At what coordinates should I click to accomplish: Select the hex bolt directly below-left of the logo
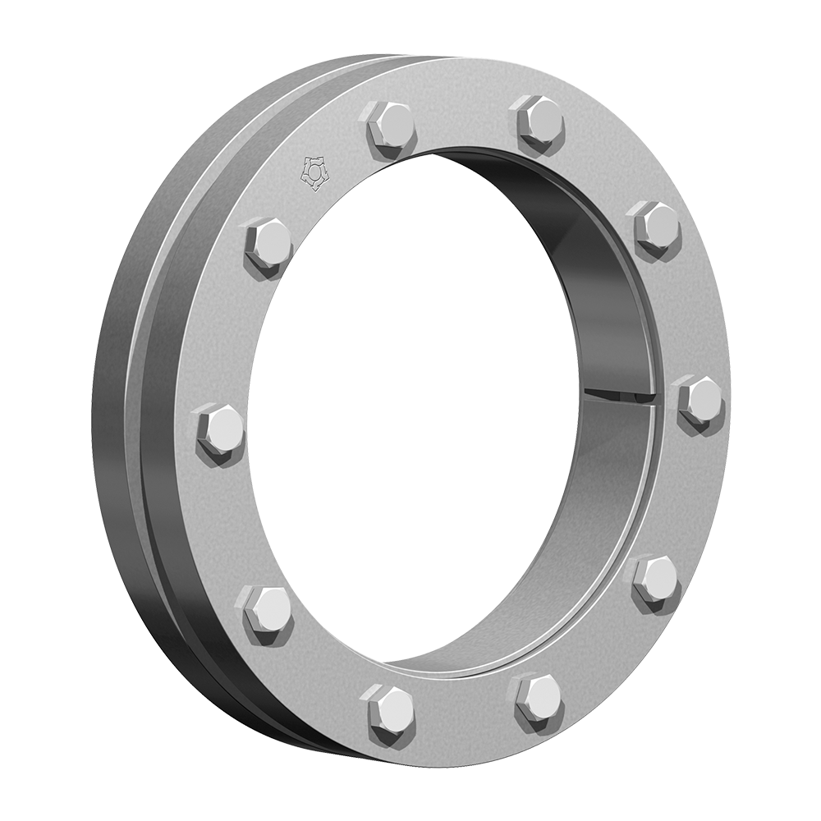[x=268, y=243]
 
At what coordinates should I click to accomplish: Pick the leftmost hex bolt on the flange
[x=220, y=430]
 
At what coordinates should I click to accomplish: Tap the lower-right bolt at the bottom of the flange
[x=537, y=698]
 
